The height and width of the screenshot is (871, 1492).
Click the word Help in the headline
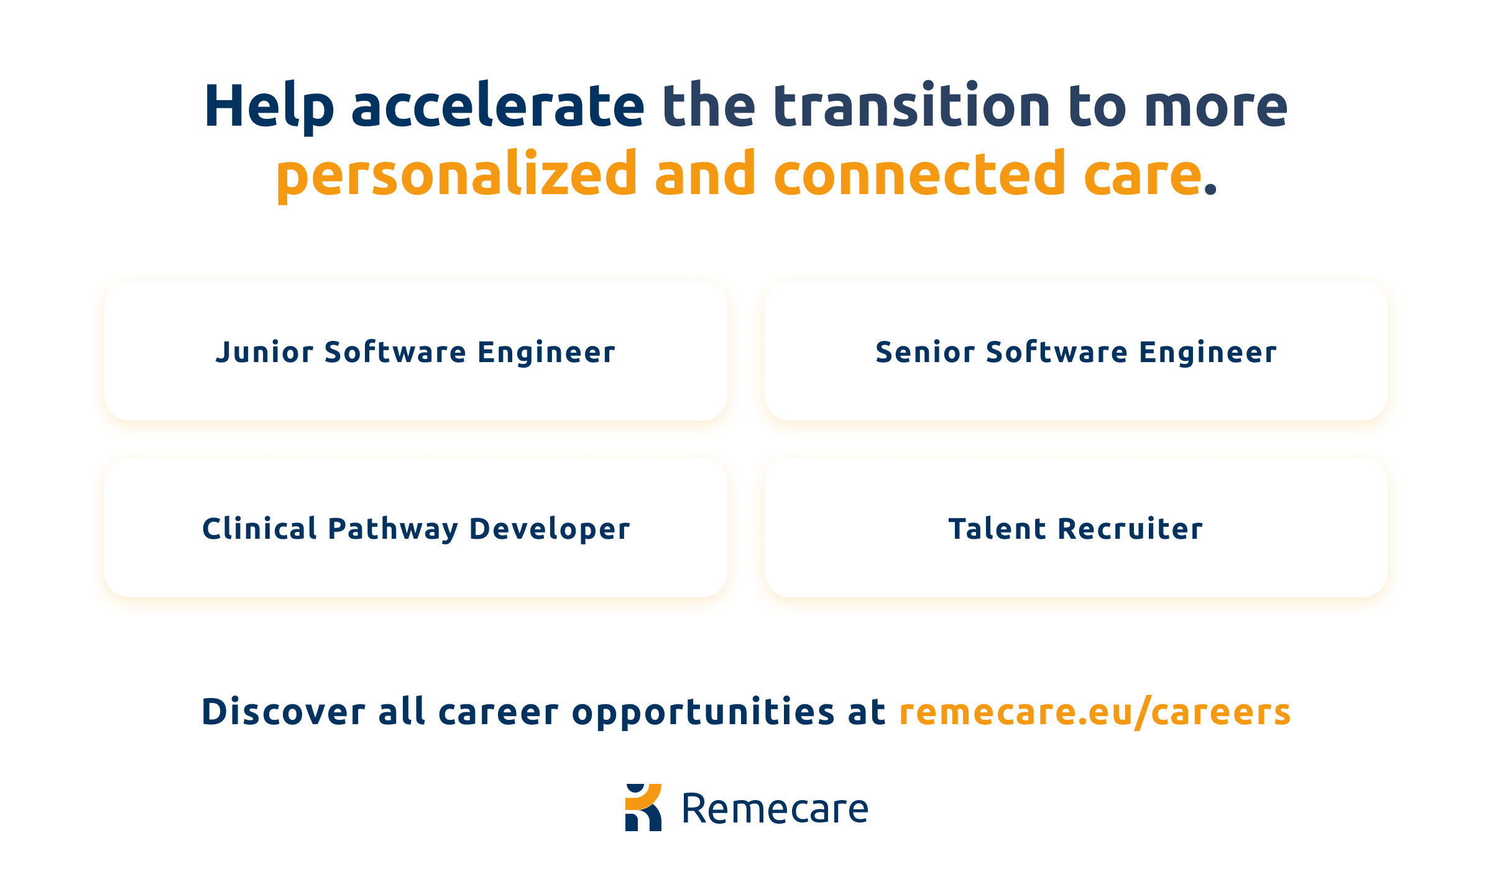269,107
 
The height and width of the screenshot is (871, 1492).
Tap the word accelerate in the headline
498,107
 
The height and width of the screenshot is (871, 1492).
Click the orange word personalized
457,175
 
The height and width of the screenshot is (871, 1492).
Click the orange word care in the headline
1143,175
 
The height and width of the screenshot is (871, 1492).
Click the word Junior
265,353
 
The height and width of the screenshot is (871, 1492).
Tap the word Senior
923,353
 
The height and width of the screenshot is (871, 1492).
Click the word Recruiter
1130,529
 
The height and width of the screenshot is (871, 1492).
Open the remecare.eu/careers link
1095,712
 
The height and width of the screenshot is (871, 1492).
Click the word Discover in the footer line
283,712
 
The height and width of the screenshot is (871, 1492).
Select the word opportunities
703,712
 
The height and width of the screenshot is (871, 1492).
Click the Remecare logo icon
643,808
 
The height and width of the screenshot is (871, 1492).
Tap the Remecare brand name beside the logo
775,809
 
